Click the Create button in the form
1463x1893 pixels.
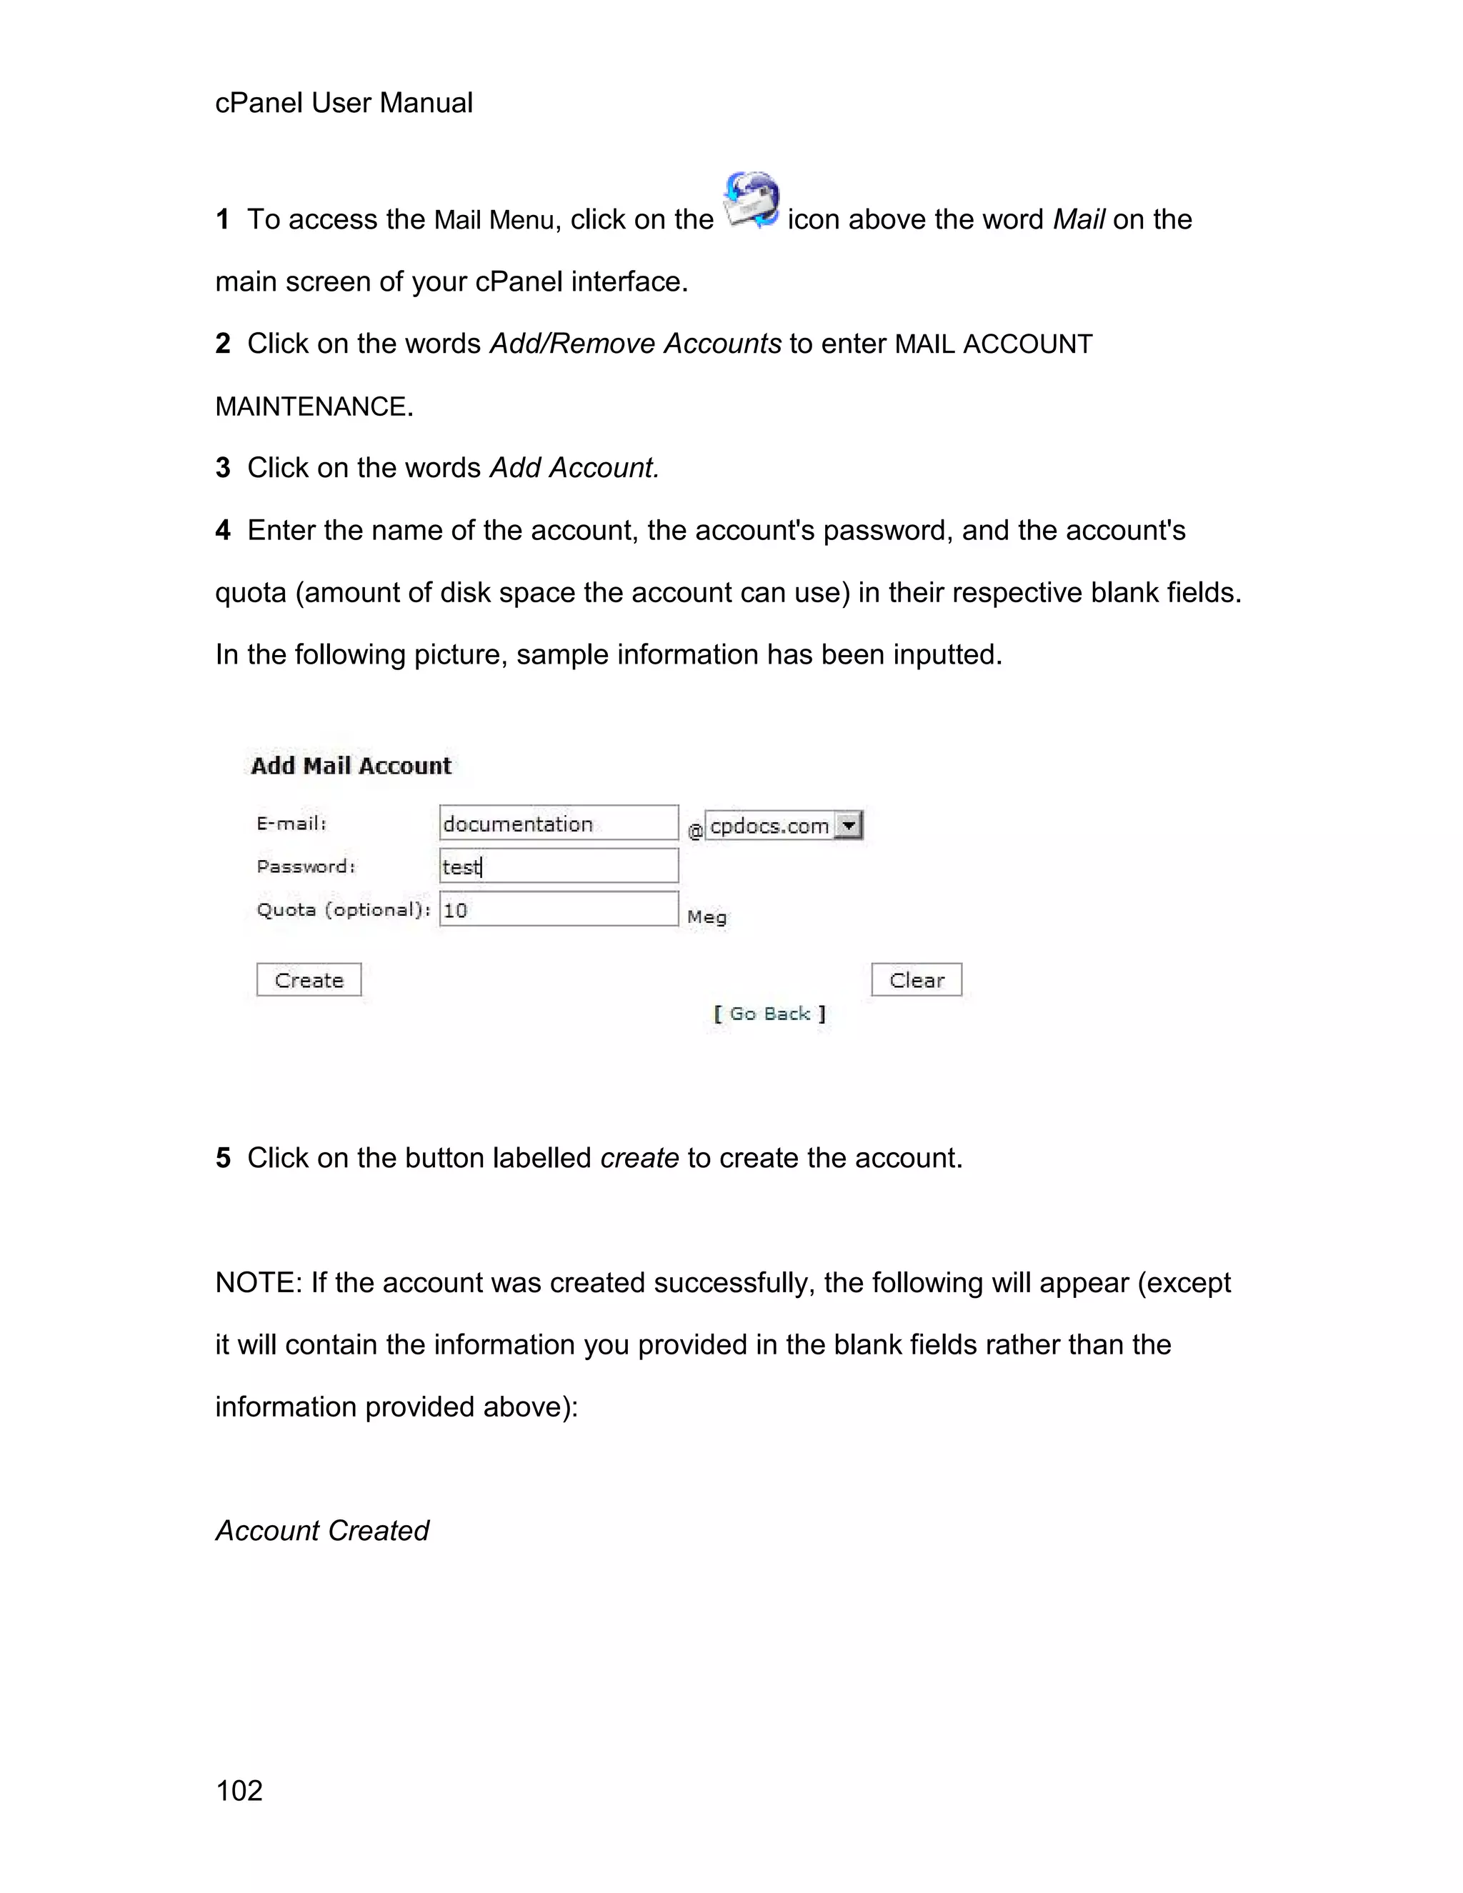[x=309, y=979]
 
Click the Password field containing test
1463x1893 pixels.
[x=558, y=866]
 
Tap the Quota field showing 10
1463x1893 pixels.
[x=558, y=909]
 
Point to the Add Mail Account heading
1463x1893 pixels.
[x=351, y=766]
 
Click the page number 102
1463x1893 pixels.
[x=239, y=1790]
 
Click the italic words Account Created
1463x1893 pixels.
[x=321, y=1531]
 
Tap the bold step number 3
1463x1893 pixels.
[x=223, y=468]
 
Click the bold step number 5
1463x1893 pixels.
[x=223, y=1158]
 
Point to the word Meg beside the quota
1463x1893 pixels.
[x=706, y=917]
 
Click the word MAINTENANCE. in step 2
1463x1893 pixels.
[x=314, y=406]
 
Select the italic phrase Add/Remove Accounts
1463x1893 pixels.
[x=635, y=344]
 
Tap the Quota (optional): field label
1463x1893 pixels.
[x=343, y=909]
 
